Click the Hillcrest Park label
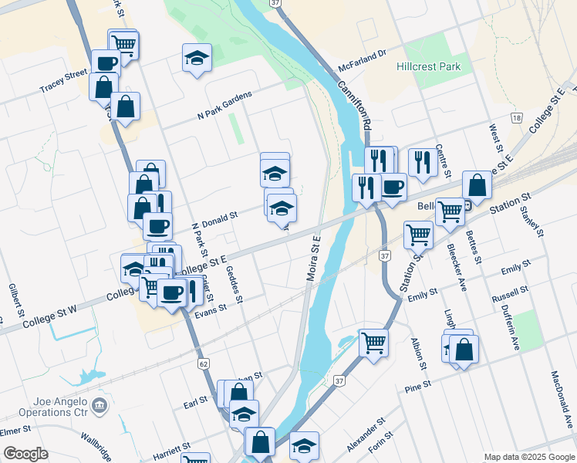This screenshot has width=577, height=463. pos(428,67)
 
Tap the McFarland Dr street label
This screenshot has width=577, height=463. pos(362,60)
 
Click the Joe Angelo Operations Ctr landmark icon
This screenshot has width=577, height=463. pos(98,404)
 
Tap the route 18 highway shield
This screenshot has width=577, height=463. pos(516,117)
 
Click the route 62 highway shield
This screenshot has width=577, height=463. pos(204,363)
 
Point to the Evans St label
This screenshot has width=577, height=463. pos(211,308)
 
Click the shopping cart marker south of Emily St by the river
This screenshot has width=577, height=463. pos(373,340)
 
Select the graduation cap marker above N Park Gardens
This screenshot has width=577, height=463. pos(197,57)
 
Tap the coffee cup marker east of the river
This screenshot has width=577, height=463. pos(393,188)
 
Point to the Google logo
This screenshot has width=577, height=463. pos(25,454)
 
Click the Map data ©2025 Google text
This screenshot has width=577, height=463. pos(529,457)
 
